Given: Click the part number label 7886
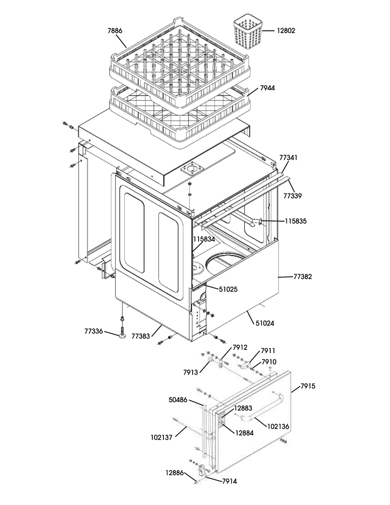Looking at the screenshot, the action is click(x=115, y=31).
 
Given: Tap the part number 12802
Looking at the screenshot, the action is click(x=286, y=31).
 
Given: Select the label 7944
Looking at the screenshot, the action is click(x=267, y=88).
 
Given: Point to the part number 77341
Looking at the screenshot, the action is click(x=288, y=157).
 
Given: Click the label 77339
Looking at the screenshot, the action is click(x=293, y=196).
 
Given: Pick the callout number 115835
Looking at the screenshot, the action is click(x=296, y=221).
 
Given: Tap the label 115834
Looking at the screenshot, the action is click(x=204, y=239).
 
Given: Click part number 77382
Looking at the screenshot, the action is click(x=302, y=276).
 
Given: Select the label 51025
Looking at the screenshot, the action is click(x=228, y=289).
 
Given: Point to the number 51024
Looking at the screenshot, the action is click(x=265, y=323).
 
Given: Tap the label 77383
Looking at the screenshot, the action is click(x=140, y=336).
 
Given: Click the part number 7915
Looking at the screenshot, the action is click(x=308, y=386).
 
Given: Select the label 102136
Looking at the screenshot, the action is click(x=279, y=426).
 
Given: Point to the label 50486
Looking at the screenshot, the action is click(x=178, y=400).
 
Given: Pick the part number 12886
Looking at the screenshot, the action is click(x=175, y=473).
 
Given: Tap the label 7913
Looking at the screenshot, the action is click(x=191, y=372).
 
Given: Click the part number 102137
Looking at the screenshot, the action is click(x=162, y=437).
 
